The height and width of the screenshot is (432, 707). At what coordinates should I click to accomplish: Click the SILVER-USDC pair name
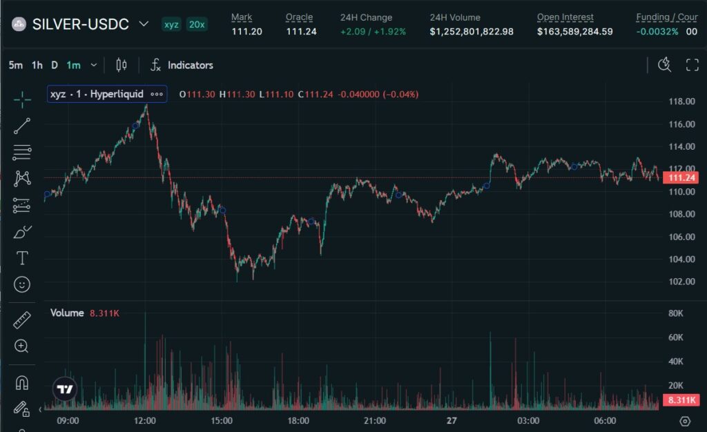(80, 24)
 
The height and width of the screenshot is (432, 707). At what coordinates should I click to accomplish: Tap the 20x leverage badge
(197, 24)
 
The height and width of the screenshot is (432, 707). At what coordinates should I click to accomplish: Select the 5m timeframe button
(15, 65)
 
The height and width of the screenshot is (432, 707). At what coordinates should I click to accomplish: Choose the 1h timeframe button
(37, 65)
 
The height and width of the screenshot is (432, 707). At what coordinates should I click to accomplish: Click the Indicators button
(182, 65)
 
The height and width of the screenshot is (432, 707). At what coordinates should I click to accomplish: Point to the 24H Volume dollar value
(472, 31)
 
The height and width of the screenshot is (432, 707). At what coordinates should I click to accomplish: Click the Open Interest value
(574, 31)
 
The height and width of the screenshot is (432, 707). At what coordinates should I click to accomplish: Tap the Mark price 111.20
(246, 31)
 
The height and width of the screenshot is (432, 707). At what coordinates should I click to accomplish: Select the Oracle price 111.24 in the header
(301, 31)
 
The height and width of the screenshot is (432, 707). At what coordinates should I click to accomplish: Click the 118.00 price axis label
(681, 101)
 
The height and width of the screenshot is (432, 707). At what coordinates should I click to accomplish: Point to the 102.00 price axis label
(681, 282)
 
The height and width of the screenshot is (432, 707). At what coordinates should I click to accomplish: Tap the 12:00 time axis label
(145, 420)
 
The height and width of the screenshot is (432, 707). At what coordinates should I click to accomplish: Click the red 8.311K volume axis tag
(681, 400)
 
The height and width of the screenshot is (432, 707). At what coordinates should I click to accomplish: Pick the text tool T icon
(22, 258)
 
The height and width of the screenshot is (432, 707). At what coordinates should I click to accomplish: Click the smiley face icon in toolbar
(22, 284)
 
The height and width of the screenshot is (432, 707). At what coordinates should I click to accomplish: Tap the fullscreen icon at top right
(692, 65)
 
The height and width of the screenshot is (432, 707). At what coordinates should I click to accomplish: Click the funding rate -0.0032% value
(657, 31)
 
